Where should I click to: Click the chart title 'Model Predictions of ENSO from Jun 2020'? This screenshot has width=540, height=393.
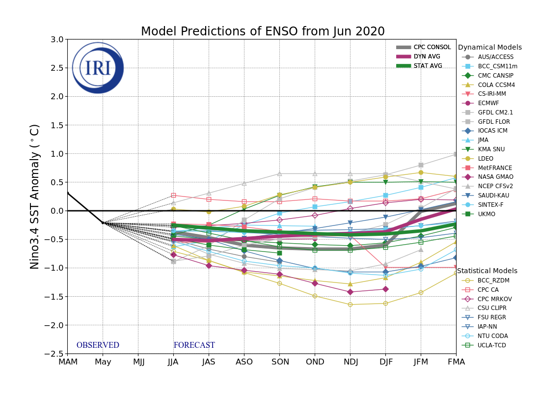(x=263, y=32)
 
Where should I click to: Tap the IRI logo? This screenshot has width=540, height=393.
(x=98, y=68)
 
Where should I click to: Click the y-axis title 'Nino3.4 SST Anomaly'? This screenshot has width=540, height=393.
(x=35, y=196)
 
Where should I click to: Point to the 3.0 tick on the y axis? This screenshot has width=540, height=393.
(x=57, y=40)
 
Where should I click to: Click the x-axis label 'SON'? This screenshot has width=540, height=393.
(x=279, y=362)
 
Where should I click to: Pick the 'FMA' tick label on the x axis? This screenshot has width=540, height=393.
(x=456, y=362)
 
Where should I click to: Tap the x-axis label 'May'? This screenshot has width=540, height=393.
(x=103, y=362)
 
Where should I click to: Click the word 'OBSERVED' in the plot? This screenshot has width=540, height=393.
(x=98, y=345)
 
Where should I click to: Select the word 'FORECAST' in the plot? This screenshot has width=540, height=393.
(x=194, y=345)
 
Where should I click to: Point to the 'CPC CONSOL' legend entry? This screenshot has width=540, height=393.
(x=432, y=47)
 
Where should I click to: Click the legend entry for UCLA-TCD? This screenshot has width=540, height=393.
(x=491, y=345)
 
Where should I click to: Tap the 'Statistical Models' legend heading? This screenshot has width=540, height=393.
(x=487, y=271)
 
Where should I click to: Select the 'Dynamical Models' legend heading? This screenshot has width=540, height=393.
(x=489, y=48)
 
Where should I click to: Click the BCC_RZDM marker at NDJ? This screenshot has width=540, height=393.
(x=350, y=305)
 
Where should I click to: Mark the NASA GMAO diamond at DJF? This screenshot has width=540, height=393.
(x=385, y=289)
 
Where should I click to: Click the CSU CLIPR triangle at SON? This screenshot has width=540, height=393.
(x=279, y=173)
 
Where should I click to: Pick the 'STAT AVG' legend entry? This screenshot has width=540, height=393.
(x=428, y=66)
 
